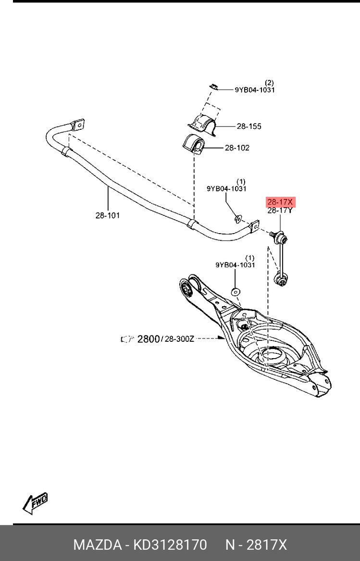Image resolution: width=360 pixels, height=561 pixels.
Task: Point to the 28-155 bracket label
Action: pyautogui.click(x=249, y=126)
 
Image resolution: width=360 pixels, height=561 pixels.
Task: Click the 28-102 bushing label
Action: pyautogui.click(x=237, y=148)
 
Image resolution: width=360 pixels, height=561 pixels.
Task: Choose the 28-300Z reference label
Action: pyautogui.click(x=179, y=339)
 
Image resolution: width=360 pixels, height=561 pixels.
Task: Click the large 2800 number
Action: pyautogui.click(x=149, y=339)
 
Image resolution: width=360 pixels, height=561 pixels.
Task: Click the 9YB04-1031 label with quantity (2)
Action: pyautogui.click(x=255, y=89)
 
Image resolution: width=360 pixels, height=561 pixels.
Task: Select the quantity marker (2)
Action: pyautogui.click(x=269, y=82)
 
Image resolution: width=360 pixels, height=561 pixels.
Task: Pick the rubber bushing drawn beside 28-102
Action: pyautogui.click(x=194, y=144)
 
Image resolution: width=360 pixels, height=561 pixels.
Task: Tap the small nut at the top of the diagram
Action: pyautogui.click(x=215, y=87)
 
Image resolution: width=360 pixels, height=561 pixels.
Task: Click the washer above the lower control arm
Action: pyautogui.click(x=236, y=291)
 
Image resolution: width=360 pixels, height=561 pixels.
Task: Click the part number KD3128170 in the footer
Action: pyautogui.click(x=170, y=545)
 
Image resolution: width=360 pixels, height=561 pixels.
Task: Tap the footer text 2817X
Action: pyautogui.click(x=267, y=545)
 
